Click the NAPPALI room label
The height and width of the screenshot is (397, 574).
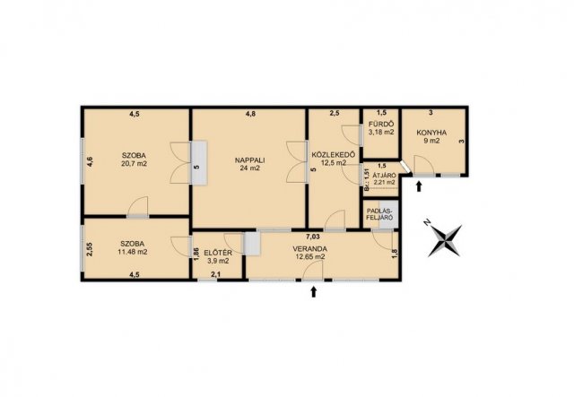click(x=250, y=160)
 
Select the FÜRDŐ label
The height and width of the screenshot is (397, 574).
click(x=381, y=124)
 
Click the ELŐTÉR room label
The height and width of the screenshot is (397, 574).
click(x=218, y=253)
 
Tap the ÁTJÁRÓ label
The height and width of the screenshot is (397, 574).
click(x=384, y=175)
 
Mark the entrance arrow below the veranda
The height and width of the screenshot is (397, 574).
click(x=313, y=291)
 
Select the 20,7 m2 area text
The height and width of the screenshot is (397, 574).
click(x=134, y=164)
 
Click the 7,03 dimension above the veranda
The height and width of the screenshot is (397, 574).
click(x=312, y=237)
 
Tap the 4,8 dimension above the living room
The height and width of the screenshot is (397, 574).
click(x=250, y=114)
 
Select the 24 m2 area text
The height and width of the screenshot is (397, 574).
click(x=250, y=168)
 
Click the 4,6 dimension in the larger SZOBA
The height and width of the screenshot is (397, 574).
click(x=90, y=162)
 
